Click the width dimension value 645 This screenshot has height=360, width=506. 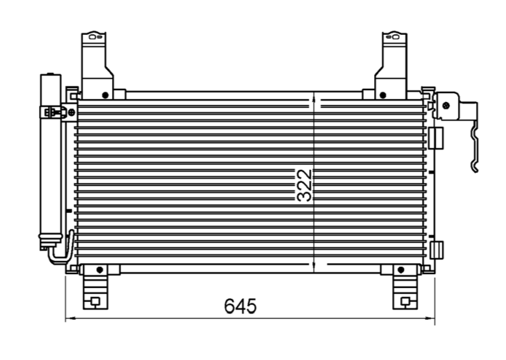point(240,306)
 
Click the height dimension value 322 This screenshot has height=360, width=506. point(305,185)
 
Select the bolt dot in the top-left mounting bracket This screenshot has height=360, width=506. point(105,94)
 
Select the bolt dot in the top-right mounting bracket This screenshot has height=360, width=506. point(382,94)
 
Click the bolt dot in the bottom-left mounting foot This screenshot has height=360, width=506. point(100,270)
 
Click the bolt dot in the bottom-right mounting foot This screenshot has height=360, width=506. point(399,270)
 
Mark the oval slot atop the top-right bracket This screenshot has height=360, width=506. point(395,37)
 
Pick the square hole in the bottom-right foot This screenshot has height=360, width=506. point(406,301)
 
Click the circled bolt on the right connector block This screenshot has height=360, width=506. point(445,106)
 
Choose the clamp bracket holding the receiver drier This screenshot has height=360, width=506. point(55,112)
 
